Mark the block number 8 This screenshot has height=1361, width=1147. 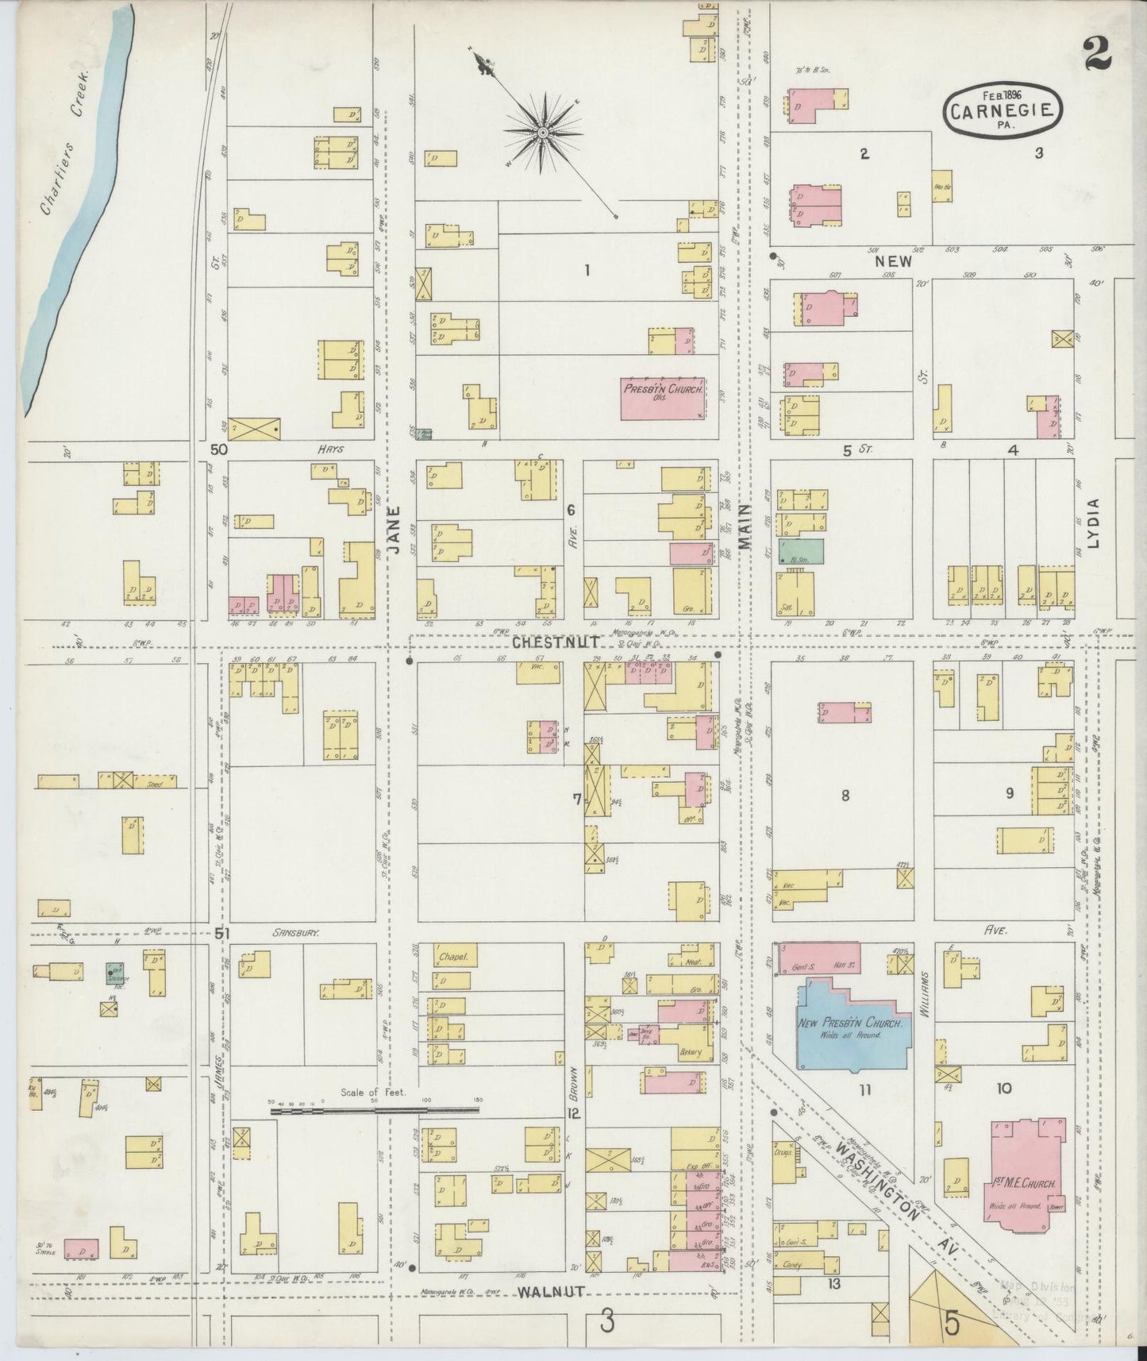[845, 795]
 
